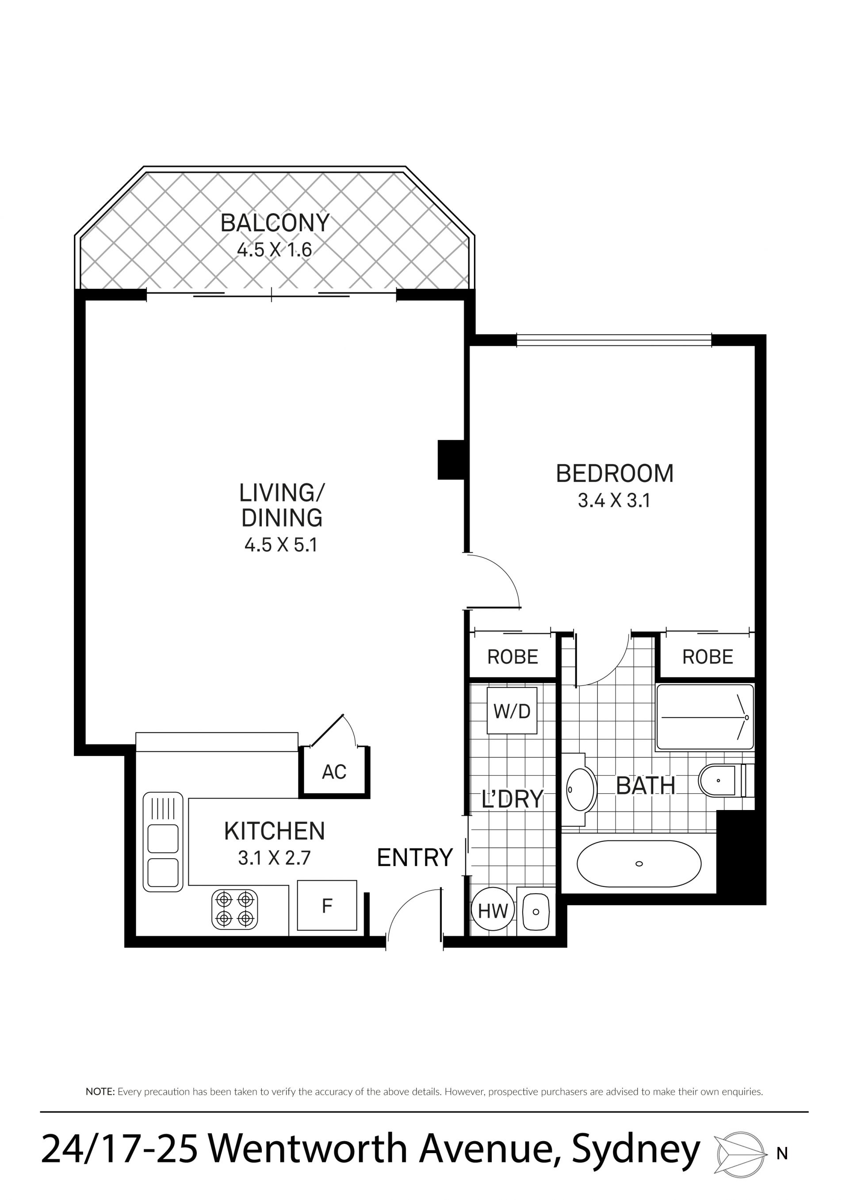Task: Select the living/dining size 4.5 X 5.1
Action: (x=281, y=545)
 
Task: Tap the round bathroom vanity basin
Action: (x=581, y=789)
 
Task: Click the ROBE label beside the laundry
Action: (x=512, y=657)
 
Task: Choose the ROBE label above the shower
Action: (x=707, y=657)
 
